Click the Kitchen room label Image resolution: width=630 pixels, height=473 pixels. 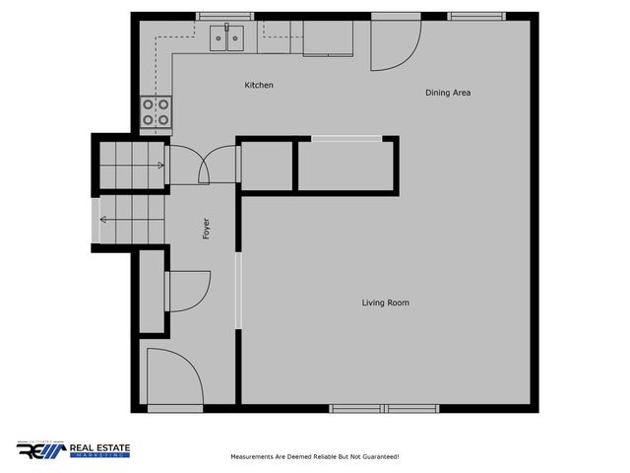point(259,86)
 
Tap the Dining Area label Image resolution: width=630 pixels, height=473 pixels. point(448,93)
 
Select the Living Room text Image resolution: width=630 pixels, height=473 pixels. point(385,303)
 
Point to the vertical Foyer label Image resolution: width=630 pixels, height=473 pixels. point(206,228)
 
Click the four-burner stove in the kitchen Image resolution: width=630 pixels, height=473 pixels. point(156,111)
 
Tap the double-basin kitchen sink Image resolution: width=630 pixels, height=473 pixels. point(227,38)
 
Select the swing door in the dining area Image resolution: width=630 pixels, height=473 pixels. point(394,46)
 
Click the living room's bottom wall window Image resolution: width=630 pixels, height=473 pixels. point(385,408)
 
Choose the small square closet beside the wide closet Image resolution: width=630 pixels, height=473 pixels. point(266,166)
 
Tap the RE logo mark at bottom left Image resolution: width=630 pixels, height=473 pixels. point(40,450)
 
